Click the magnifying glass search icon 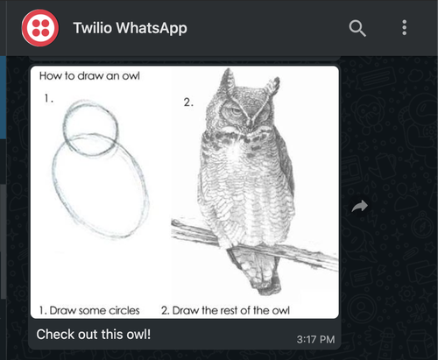click(x=357, y=28)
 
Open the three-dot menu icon click(x=404, y=28)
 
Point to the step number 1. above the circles click(x=49, y=100)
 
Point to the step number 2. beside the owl click(x=187, y=102)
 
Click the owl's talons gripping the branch click(x=248, y=249)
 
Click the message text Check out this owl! click(x=94, y=334)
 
